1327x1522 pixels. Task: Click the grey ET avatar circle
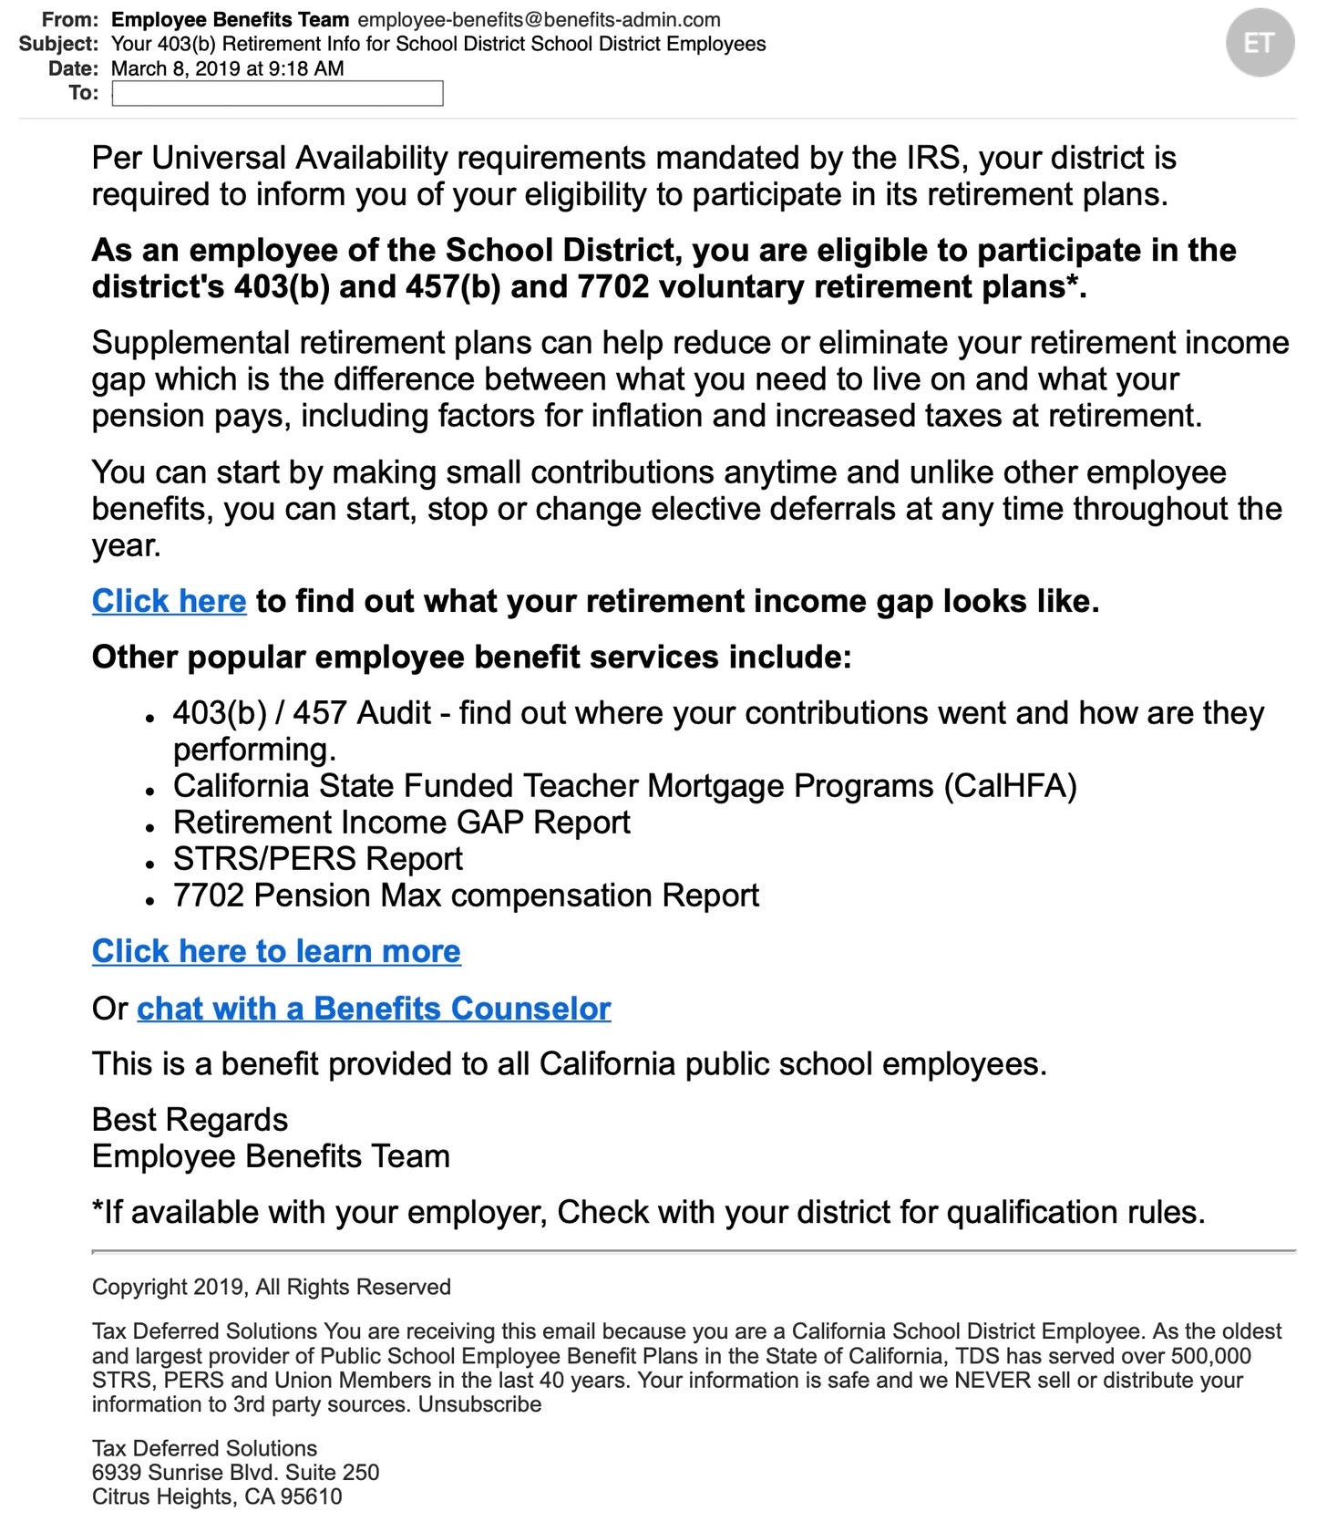click(1260, 43)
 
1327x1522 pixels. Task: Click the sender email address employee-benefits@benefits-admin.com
click(539, 20)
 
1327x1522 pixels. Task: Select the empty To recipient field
click(277, 93)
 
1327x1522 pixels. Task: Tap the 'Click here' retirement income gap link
click(169, 602)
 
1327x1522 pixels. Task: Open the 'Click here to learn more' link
click(276, 952)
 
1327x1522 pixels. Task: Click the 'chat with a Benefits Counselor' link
click(374, 1009)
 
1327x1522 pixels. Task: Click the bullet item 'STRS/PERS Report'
click(317, 859)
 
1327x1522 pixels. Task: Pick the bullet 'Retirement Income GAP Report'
click(401, 823)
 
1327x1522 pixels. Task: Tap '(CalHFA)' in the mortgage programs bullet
click(1010, 786)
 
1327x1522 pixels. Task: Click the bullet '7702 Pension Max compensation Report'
click(466, 896)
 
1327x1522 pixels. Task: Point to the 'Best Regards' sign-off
click(190, 1120)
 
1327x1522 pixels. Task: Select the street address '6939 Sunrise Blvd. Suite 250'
click(235, 1472)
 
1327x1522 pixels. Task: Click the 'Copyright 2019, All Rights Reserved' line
click(271, 1287)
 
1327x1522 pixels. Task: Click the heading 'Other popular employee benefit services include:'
click(471, 657)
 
